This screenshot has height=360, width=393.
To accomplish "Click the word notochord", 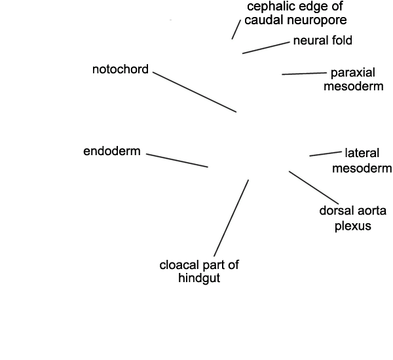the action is tap(121, 69).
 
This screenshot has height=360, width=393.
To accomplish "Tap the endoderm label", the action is tap(112, 151).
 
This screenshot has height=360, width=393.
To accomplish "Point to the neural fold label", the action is tap(322, 41).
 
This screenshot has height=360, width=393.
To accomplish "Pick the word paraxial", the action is tap(353, 73).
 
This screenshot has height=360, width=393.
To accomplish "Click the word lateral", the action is tap(362, 153).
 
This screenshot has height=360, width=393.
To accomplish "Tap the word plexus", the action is tap(353, 226).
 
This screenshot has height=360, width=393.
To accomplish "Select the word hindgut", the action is tap(199, 278).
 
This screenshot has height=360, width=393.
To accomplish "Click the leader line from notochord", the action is tap(195, 92).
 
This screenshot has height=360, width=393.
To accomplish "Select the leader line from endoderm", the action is tap(177, 160).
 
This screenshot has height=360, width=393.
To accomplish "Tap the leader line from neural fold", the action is tap(266, 48).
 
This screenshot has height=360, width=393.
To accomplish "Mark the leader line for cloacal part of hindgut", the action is tap(231, 218).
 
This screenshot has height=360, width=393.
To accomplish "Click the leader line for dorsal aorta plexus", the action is tap(314, 188).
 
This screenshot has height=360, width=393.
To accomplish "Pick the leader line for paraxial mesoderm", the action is tap(305, 74).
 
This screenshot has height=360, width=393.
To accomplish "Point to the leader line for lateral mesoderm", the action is tap(326, 154).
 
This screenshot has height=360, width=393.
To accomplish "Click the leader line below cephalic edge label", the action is tap(236, 29).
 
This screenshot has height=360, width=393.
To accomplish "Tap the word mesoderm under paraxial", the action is tap(354, 86).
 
